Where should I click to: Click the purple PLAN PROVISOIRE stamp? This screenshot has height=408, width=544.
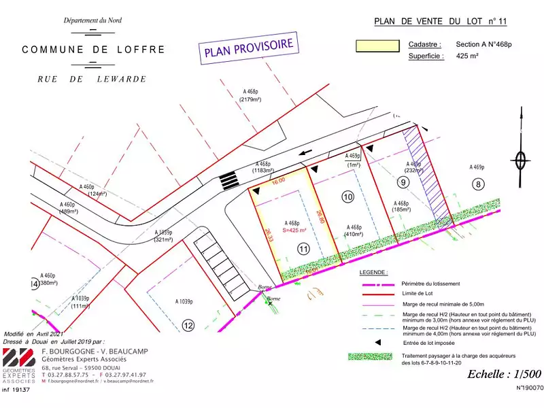248,49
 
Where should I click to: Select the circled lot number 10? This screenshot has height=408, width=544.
347,197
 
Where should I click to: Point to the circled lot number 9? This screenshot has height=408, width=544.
403,182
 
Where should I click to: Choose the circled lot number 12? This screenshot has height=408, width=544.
188,325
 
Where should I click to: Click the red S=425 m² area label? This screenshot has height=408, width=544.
294,230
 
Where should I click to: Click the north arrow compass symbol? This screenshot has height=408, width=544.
522,160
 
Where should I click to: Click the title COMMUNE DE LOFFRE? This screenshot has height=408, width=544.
93,50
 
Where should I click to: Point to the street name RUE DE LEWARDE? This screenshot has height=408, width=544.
92,79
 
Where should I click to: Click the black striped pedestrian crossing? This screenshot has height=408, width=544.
228,181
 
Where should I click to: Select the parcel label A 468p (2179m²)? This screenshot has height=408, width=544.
251,95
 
